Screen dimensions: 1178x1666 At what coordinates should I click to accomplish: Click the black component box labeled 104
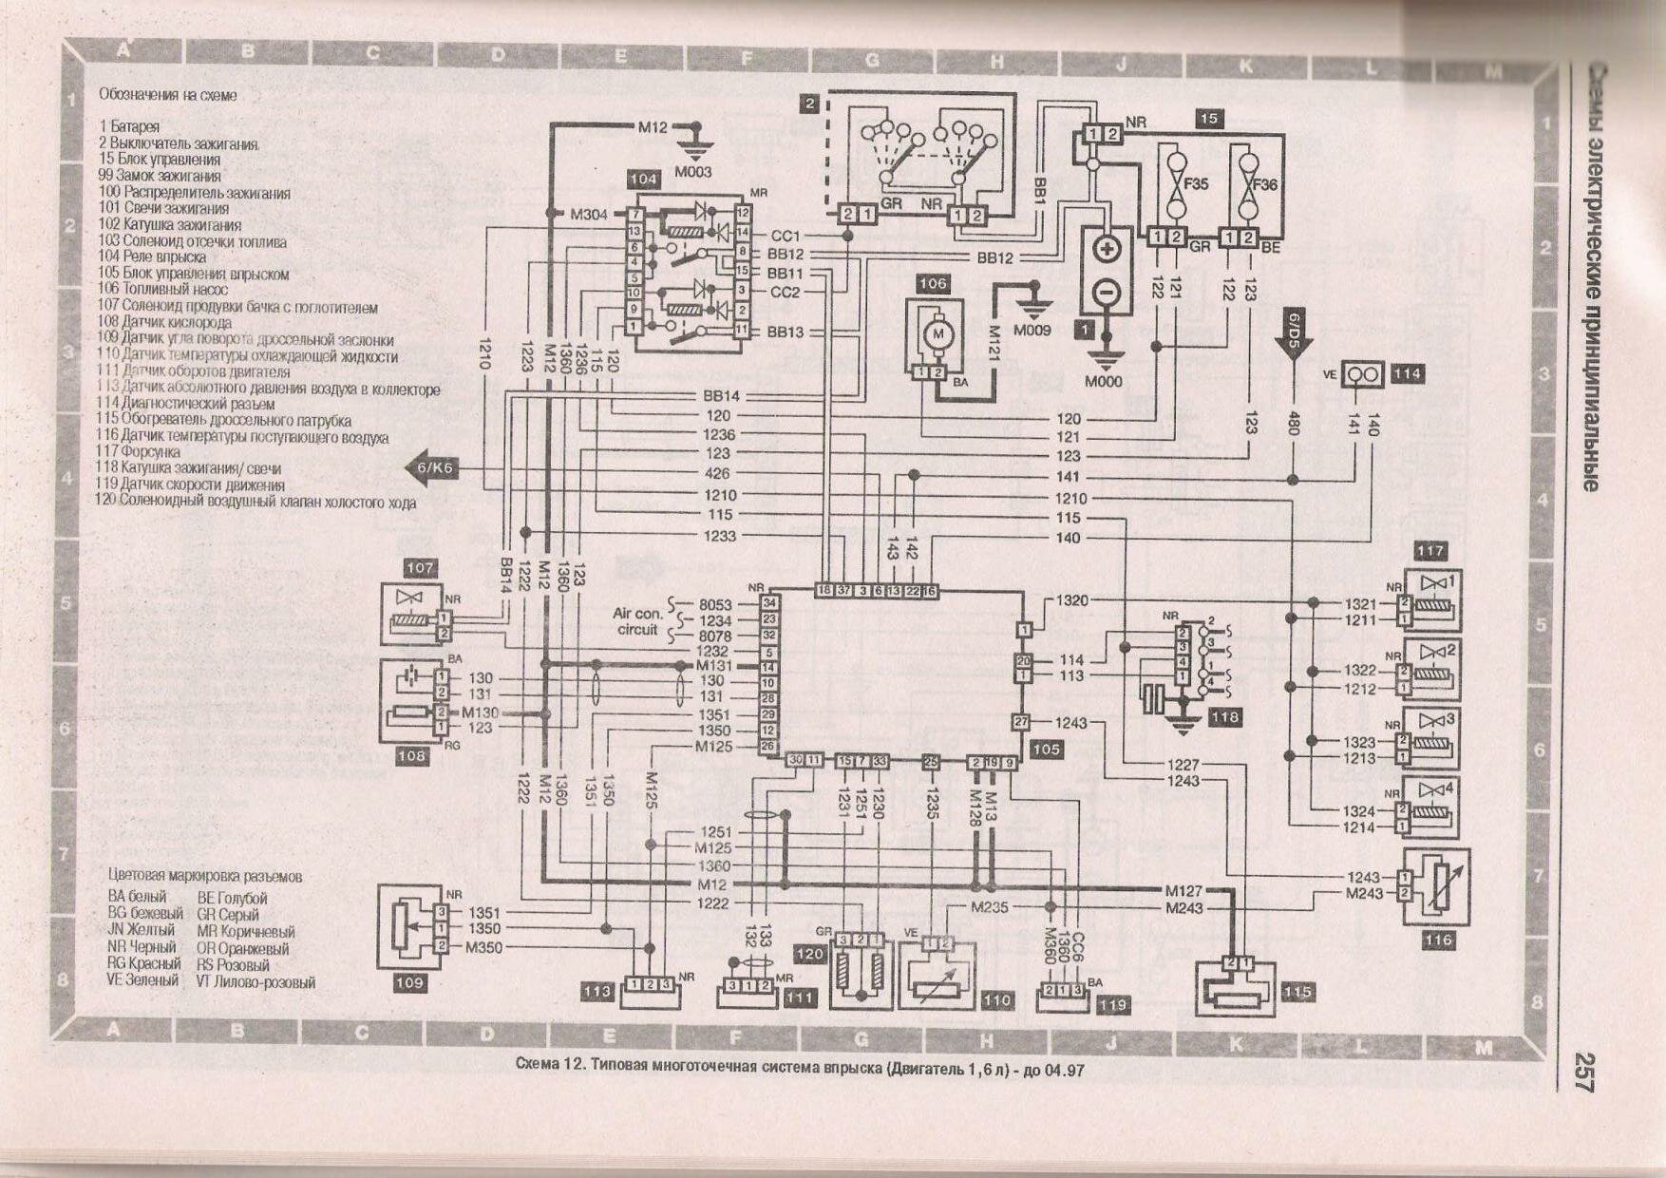click(643, 179)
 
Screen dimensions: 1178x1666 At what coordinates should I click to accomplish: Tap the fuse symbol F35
click(1176, 182)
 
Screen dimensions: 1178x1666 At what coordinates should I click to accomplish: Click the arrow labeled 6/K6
click(432, 467)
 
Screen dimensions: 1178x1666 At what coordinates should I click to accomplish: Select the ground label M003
click(692, 172)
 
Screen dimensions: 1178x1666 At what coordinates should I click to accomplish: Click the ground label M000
click(1103, 381)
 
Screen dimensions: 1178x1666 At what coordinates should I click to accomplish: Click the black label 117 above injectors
click(1429, 551)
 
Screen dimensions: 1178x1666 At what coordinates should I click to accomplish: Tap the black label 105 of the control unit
click(1045, 750)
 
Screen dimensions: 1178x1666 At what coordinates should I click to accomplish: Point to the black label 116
click(1438, 940)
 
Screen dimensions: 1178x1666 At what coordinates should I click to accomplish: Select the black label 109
click(409, 982)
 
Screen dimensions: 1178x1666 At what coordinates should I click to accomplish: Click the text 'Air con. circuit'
click(636, 621)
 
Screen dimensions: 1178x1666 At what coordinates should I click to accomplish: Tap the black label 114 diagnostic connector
click(1407, 374)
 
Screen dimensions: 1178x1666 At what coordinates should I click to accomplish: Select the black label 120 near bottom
click(809, 954)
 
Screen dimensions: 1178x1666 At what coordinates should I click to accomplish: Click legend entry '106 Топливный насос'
click(162, 289)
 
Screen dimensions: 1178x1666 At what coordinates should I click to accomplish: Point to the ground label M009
click(1032, 331)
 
